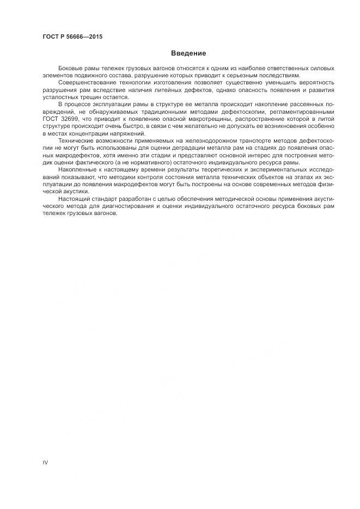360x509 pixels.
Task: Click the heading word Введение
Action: pos(188,53)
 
